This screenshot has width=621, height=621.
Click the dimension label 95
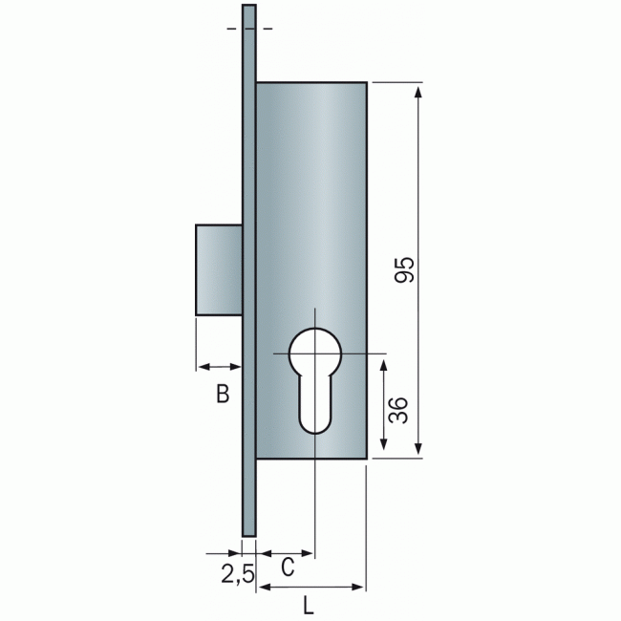404,269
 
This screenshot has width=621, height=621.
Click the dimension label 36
398,410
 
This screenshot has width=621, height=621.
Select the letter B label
223,394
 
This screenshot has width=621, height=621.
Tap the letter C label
288,567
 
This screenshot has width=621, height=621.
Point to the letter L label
309,605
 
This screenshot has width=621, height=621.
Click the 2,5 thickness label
238,574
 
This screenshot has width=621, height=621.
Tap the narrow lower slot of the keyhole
315,404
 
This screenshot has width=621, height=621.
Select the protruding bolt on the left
219,269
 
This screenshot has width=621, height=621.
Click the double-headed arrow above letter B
220,367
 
